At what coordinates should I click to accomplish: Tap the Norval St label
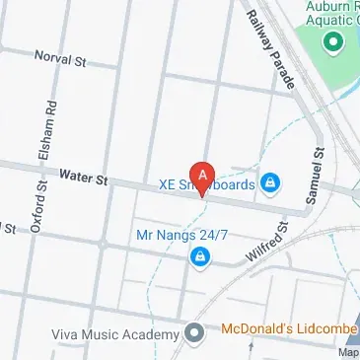pyautogui.click(x=61, y=59)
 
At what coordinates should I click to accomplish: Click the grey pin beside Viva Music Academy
pyautogui.click(x=195, y=331)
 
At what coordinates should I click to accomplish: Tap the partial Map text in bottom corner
pyautogui.click(x=348, y=352)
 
